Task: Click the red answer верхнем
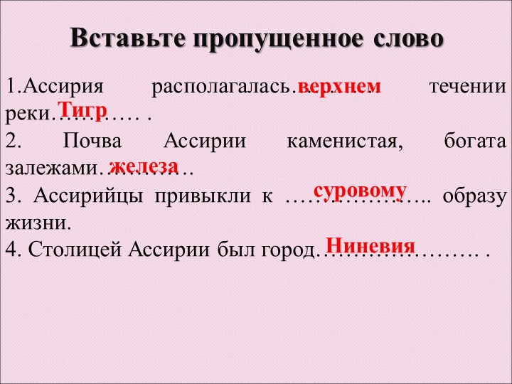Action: point(339,86)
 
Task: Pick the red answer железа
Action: point(143,165)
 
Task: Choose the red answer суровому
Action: point(361,191)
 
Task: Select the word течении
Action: point(469,87)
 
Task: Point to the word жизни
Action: point(38,223)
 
